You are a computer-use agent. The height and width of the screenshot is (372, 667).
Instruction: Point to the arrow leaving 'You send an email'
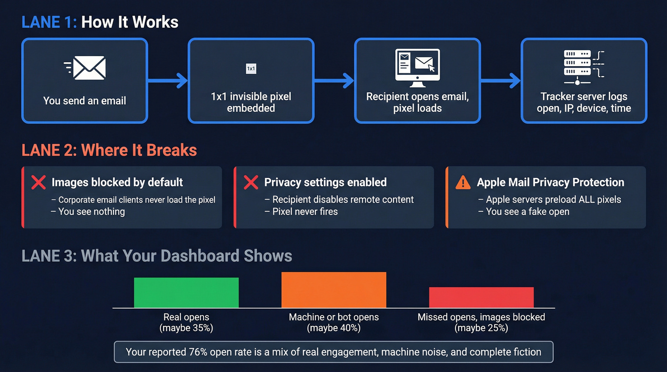tap(167, 80)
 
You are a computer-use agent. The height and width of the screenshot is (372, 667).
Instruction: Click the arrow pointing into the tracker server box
tap(500, 80)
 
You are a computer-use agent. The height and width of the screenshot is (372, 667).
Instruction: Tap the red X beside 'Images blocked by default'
tap(39, 182)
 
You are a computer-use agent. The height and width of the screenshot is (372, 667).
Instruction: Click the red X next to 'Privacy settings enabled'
tap(251, 182)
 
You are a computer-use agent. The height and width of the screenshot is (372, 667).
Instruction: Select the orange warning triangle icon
tap(463, 182)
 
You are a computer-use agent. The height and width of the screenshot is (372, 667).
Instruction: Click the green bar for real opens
tap(186, 292)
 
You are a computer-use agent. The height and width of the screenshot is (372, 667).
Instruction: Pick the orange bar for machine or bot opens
tap(333, 290)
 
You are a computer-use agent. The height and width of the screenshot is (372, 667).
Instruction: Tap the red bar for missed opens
tap(481, 297)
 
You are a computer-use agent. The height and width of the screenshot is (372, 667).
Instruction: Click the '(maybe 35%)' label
tap(186, 328)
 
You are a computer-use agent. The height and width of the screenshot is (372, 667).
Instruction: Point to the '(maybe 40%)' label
tap(334, 328)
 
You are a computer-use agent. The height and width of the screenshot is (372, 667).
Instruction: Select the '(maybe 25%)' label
tap(481, 328)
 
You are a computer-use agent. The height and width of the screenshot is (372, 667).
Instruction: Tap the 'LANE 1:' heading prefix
tap(49, 22)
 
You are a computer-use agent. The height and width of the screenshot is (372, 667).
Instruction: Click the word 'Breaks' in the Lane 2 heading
tap(172, 150)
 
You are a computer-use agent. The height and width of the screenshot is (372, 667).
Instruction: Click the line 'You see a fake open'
tap(527, 211)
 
